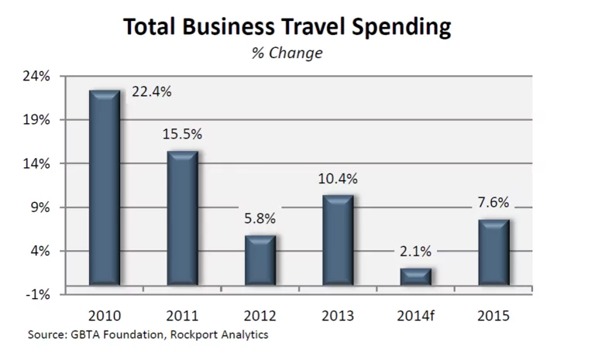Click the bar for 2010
pos(105,188)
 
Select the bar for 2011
pos(182,218)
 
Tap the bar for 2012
pos(260,260)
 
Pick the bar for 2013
pos(338,240)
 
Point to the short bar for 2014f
pos(415,276)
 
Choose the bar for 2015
pos(494,252)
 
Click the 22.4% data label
pos(152,91)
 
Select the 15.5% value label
pos(182,134)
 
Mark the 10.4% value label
pos(338,179)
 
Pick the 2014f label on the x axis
pos(416,316)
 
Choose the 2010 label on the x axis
pos(105,316)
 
